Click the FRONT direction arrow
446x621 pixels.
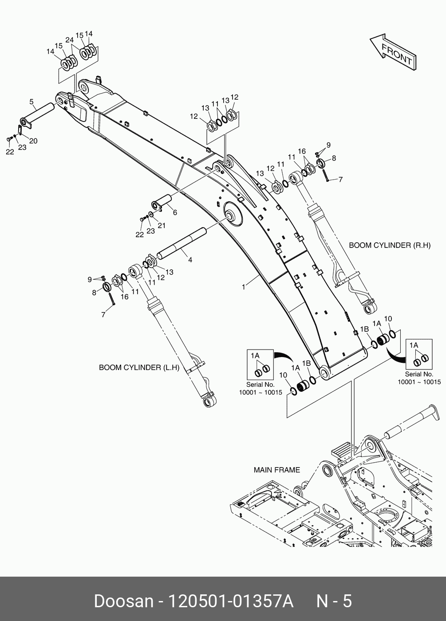[394, 52]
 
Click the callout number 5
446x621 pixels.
[32, 102]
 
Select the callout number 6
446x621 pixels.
[175, 213]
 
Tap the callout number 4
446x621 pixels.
[190, 260]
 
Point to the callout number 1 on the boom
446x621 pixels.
[243, 287]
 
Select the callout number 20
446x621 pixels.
[33, 141]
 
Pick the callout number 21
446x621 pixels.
[162, 225]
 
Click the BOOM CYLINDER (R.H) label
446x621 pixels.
[389, 245]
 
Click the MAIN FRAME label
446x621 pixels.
[276, 470]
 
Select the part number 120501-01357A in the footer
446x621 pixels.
[230, 601]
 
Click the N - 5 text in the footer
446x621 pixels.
[334, 601]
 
